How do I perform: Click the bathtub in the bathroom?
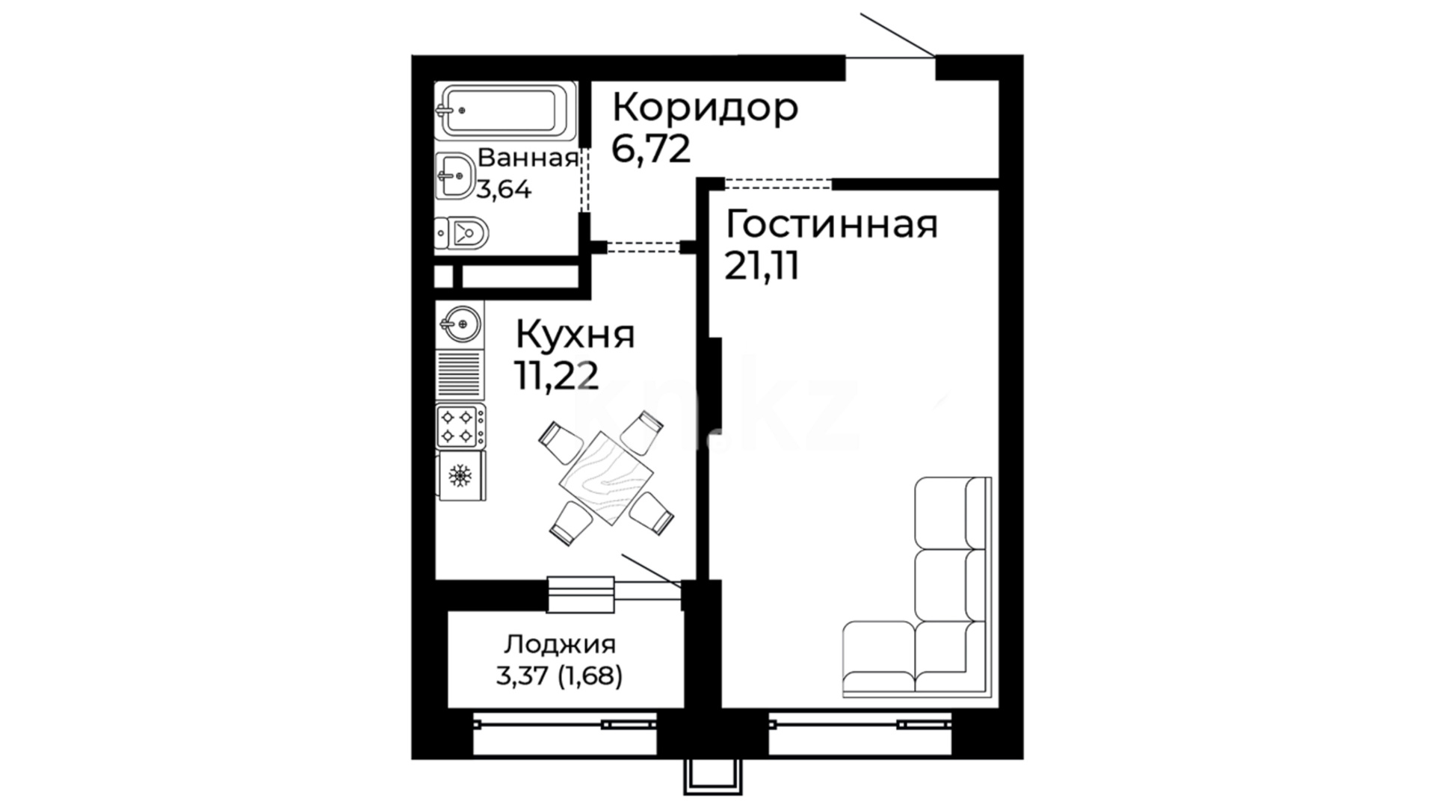(x=505, y=111)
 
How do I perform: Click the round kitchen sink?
(x=460, y=324)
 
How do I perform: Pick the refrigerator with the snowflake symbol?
(x=461, y=475)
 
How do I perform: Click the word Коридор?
(x=705, y=108)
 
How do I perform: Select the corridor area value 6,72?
(x=650, y=149)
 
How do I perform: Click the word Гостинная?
(x=831, y=224)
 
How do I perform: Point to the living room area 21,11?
(x=762, y=265)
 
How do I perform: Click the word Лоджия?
(x=559, y=644)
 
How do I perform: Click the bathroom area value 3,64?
(x=504, y=190)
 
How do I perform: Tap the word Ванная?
(x=528, y=158)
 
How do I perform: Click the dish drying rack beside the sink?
(x=460, y=375)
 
